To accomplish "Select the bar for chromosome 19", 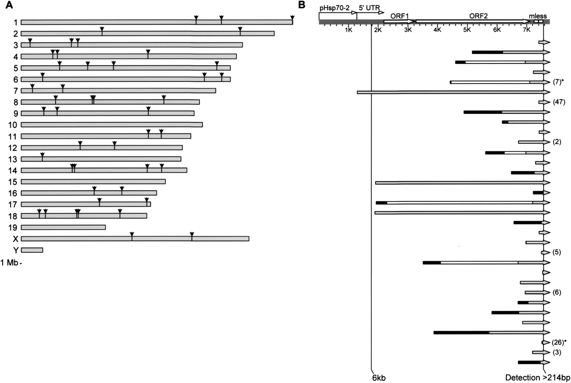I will [63, 227].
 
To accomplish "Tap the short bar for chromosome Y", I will [32, 250].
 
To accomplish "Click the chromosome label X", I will [15, 239].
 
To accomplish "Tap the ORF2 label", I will [479, 16].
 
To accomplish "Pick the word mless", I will [538, 16].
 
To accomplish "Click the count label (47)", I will [559, 102].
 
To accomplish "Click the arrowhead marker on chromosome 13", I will [42, 155].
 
